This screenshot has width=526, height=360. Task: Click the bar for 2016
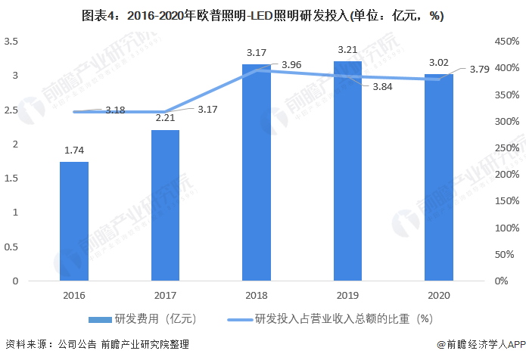click(x=74, y=221)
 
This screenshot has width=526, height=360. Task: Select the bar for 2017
click(x=165, y=205)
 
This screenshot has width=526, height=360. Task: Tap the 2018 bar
click(x=257, y=172)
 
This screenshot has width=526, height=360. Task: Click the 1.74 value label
click(x=74, y=151)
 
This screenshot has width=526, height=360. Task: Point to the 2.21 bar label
click(x=165, y=118)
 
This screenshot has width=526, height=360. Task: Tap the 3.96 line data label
click(x=291, y=65)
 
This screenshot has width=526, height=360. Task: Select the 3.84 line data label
click(x=382, y=87)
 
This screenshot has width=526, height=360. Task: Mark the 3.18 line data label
click(x=115, y=110)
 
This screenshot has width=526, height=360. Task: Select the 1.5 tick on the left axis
click(x=11, y=178)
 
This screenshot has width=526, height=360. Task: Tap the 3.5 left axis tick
click(x=11, y=42)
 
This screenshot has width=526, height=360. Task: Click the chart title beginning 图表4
click(x=263, y=15)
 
